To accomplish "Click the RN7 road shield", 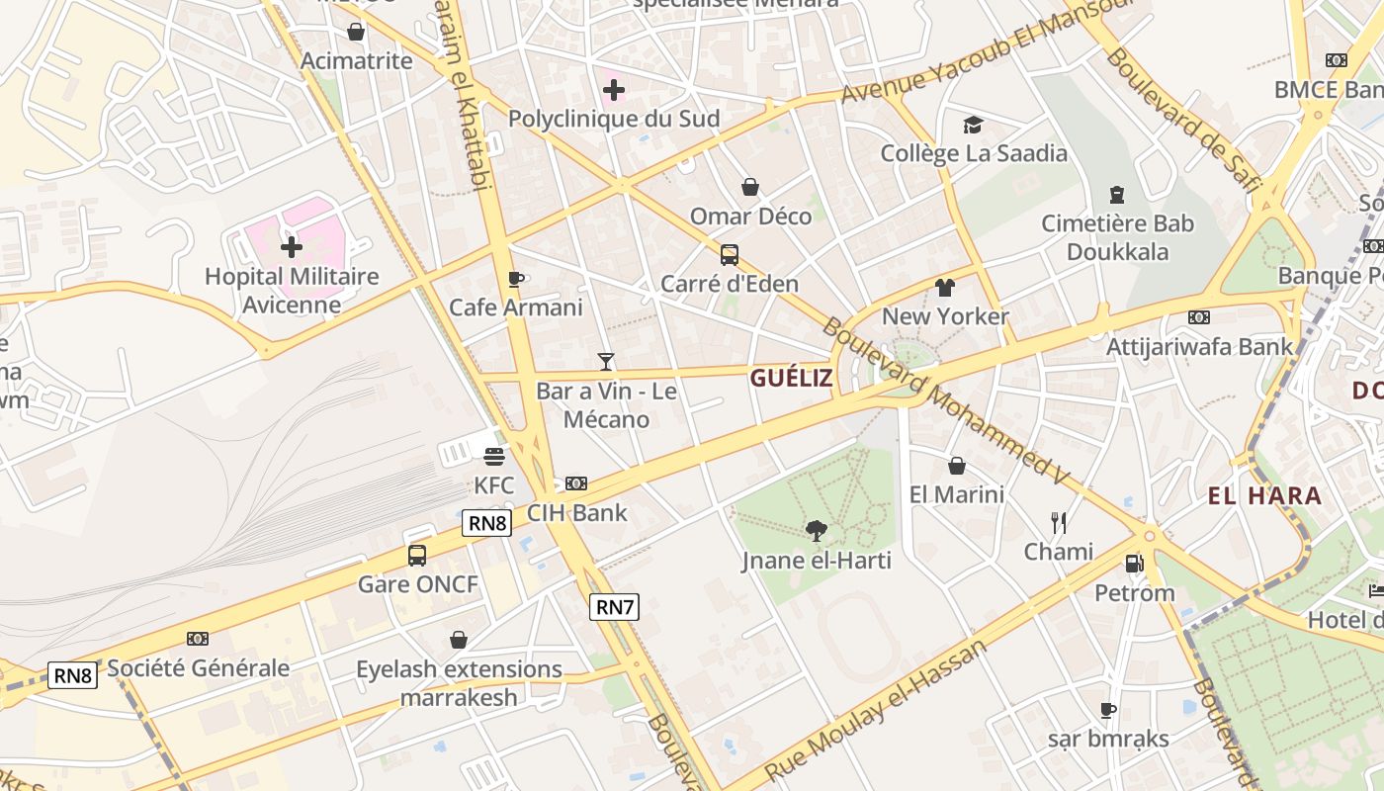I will point(614,606).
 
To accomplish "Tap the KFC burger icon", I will point(494,456).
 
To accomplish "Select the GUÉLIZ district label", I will point(791,378).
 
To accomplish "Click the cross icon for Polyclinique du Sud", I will point(614,91).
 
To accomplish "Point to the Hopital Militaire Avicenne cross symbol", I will point(292,246).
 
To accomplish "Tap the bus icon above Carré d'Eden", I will point(730,255).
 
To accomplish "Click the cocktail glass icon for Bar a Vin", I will point(606,362).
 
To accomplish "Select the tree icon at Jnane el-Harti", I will point(817,531).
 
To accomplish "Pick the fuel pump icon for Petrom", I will point(1134,564).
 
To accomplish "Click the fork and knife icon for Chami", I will point(1059,522).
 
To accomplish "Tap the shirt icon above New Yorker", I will point(945,288).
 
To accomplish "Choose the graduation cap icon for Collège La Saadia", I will point(974,125).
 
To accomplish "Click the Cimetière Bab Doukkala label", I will point(1117,237).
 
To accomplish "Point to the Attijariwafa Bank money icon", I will point(1199,317).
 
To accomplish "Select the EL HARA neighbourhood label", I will point(1264,496).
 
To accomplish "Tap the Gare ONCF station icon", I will point(417,556).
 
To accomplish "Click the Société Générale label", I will point(199,668).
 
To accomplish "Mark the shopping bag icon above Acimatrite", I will point(356,33).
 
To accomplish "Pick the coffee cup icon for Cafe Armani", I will point(515,279).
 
